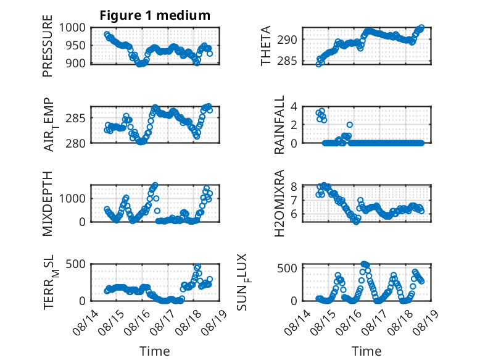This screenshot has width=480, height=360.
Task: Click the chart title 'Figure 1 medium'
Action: click(x=155, y=15)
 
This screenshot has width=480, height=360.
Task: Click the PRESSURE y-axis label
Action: click(x=47, y=46)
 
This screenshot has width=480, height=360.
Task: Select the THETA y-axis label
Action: click(x=266, y=46)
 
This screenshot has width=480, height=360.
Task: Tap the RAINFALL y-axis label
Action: click(x=279, y=124)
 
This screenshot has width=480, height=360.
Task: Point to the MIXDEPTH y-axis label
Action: click(x=47, y=203)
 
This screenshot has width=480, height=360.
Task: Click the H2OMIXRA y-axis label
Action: click(x=279, y=203)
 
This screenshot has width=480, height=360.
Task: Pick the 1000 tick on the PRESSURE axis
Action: click(x=72, y=28)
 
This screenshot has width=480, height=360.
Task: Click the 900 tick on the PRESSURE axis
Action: click(x=76, y=64)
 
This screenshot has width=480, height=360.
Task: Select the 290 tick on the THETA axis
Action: click(x=287, y=40)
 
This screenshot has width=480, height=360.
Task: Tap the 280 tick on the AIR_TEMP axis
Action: click(x=76, y=143)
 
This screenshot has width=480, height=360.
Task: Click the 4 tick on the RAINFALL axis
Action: click(x=294, y=107)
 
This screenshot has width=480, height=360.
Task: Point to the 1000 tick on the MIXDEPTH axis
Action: click(x=72, y=198)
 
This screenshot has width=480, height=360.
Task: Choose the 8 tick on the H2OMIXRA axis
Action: click(x=294, y=186)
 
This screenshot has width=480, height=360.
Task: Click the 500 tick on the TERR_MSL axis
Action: click(x=76, y=264)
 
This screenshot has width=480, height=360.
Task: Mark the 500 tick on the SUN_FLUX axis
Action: click(x=287, y=268)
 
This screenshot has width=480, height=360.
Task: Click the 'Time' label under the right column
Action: click(x=366, y=351)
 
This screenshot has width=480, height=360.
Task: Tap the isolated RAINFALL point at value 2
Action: click(x=350, y=125)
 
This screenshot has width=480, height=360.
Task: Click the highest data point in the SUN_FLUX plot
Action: click(x=363, y=264)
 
